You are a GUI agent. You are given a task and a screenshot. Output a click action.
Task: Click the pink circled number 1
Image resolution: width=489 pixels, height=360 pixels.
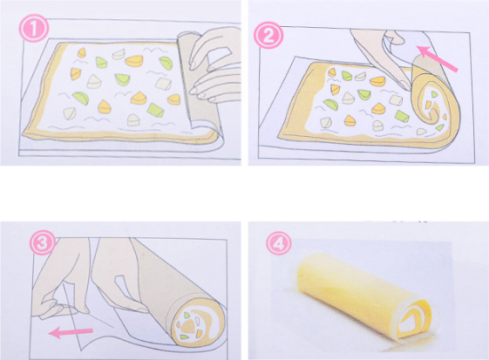coord(34,29)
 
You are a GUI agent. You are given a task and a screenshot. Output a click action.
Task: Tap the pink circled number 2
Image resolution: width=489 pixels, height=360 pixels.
coord(268,36)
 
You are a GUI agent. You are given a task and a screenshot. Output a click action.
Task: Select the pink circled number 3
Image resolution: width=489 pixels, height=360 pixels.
coord(43,243)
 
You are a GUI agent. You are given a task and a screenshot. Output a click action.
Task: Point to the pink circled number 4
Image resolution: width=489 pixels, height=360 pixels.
coord(279,244)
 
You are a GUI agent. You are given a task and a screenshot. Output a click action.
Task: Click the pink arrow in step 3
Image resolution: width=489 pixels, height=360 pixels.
coord(71,332)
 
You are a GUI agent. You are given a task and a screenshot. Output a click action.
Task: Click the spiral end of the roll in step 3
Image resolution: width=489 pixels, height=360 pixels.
coord(197,324)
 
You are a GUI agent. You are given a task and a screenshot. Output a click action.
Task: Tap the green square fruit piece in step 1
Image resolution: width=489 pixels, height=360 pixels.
coord(156,110)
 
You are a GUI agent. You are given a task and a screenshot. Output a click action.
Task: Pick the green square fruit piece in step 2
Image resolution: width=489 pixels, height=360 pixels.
coord(403,115)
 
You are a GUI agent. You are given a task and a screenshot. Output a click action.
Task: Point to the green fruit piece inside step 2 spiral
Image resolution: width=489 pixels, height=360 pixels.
coord(440,127)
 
